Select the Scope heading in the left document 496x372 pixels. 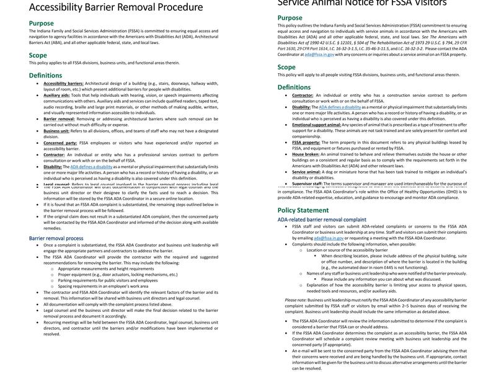coord(38,55)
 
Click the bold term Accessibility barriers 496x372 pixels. coord(63,83)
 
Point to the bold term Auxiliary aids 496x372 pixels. coord(56,95)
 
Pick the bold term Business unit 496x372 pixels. coord(56,131)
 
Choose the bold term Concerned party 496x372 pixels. coord(60,143)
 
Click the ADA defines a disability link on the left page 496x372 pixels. coord(91,167)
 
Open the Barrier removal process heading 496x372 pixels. coord(56,238)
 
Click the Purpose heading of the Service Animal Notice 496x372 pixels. coord(290,18)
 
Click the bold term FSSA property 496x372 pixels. coord(306,143)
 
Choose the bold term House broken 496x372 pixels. coord(306,154)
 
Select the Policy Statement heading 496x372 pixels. coord(303,210)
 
